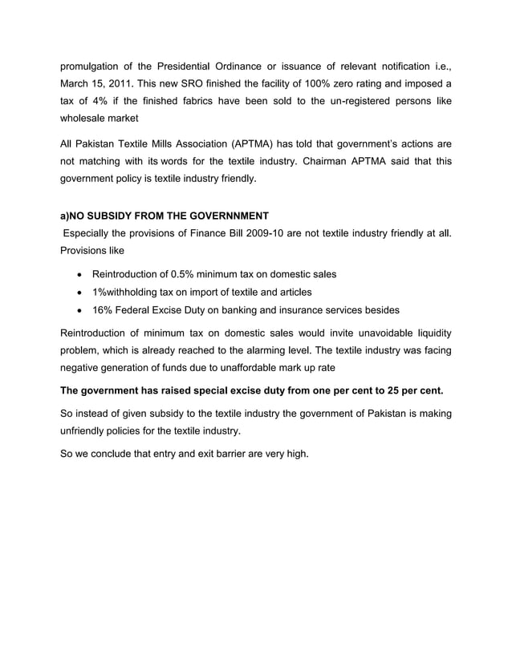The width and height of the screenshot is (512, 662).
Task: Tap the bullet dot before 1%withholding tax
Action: pyautogui.click(x=79, y=292)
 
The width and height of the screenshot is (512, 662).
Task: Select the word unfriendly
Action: pyautogui.click(x=89, y=430)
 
